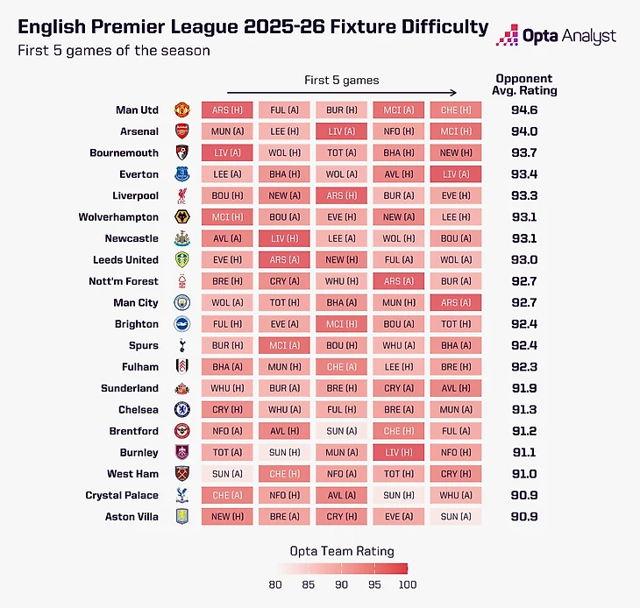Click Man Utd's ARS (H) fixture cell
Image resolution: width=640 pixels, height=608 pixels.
click(227, 110)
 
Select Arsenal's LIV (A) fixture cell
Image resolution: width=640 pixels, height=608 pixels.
click(342, 131)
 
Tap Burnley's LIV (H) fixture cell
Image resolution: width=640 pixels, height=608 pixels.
click(399, 453)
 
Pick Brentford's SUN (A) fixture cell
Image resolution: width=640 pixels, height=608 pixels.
click(342, 431)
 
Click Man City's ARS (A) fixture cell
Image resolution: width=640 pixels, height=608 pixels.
click(456, 303)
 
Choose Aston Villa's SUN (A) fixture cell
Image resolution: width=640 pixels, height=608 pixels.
click(456, 517)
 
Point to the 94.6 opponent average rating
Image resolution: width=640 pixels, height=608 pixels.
click(525, 110)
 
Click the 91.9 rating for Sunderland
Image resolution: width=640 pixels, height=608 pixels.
click(525, 388)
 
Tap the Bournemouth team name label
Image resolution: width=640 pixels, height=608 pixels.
click(124, 153)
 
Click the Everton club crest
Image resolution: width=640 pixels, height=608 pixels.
click(181, 174)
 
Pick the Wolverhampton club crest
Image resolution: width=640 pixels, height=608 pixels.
click(181, 217)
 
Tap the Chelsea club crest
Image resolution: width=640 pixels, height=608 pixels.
click(181, 410)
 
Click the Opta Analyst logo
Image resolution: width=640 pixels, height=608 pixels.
click(557, 36)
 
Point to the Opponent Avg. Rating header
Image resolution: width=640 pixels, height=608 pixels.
click(525, 84)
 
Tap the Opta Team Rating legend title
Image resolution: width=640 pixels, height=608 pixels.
click(342, 552)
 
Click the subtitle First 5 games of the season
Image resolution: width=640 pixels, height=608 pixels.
click(114, 51)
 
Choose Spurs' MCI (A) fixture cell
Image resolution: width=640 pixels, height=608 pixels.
click(284, 346)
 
